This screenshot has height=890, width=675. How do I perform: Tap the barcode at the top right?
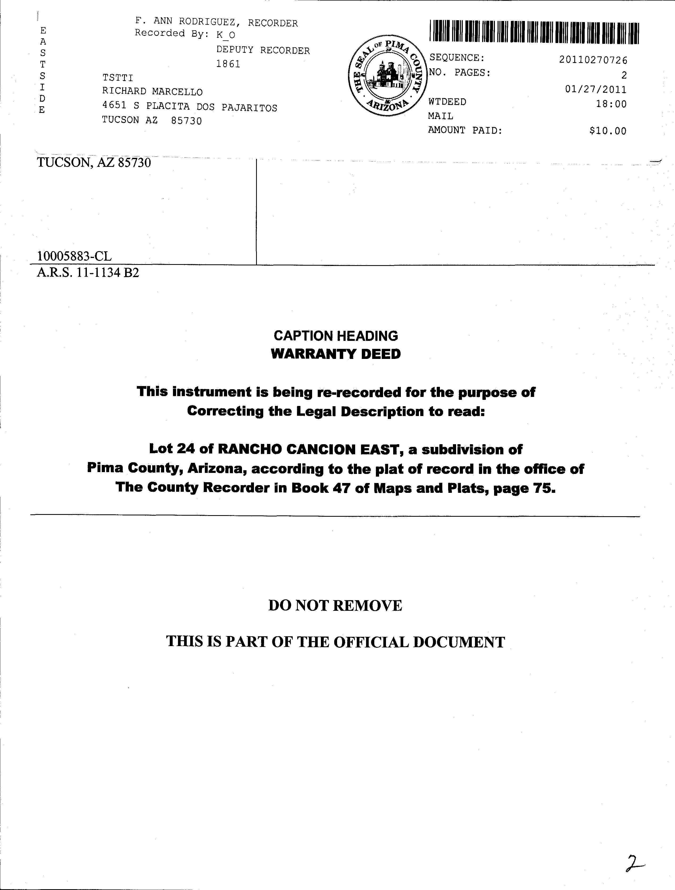pos(534,32)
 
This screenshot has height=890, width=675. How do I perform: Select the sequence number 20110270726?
pos(593,60)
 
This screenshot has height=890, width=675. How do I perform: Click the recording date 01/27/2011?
pos(595,89)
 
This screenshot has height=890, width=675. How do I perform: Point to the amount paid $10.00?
pos(608,131)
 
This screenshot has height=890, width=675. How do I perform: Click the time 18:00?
pos(611,104)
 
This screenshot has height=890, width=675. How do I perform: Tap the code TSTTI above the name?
pos(117,77)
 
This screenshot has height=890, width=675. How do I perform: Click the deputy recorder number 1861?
pos(228,64)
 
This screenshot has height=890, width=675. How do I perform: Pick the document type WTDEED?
pos(447,102)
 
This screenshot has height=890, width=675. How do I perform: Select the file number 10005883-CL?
pos(74,256)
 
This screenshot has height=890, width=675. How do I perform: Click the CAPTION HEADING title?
pos(336,336)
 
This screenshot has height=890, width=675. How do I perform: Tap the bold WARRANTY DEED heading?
pos(336,354)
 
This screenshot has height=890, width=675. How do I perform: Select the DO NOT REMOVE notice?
pos(335,605)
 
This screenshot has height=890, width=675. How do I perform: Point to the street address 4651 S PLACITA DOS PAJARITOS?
pos(189,107)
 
